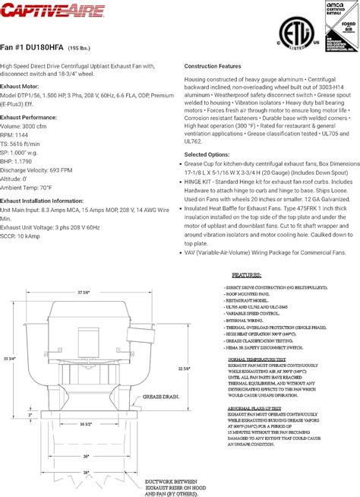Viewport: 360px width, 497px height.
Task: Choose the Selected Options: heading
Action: tap(207, 154)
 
